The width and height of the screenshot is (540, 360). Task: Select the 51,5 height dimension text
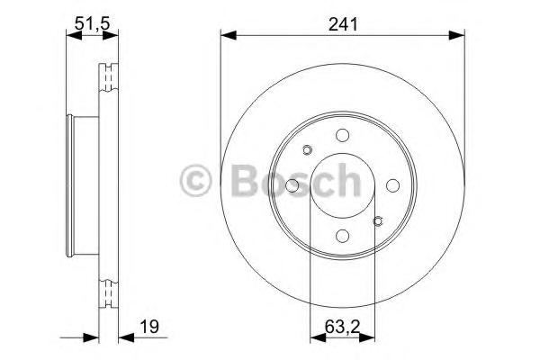click(91, 25)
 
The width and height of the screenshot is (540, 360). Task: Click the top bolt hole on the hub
click(342, 135)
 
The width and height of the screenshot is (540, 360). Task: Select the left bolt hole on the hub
click(292, 185)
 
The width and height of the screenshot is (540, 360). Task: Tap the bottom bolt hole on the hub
click(342, 235)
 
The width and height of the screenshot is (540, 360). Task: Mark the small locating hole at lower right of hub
click(378, 220)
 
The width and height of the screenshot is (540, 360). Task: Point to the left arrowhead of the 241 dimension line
click(228, 35)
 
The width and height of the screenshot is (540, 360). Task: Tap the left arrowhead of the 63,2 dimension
click(316, 338)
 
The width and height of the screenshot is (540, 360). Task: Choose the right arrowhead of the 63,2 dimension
click(368, 338)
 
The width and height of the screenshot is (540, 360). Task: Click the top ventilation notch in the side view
click(110, 73)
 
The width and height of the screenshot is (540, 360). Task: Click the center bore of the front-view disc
click(342, 184)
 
